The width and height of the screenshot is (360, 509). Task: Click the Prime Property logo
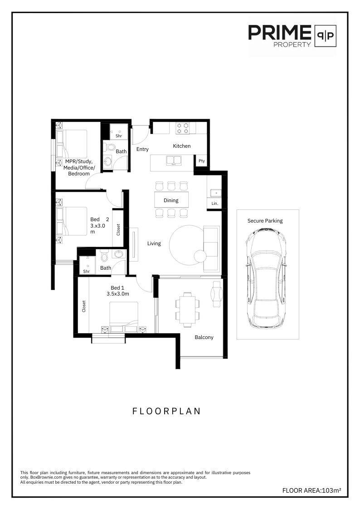(292, 36)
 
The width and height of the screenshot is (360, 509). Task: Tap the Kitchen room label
(182, 146)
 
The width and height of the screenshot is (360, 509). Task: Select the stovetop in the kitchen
(182, 127)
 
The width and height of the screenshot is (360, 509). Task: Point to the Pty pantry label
(202, 161)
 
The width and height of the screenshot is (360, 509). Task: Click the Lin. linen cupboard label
(214, 204)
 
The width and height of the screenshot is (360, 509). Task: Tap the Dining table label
(171, 200)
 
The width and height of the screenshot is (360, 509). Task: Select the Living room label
(154, 243)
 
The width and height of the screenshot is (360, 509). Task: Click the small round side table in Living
(200, 256)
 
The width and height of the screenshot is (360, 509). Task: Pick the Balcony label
(204, 337)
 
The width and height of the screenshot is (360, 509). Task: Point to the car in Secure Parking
(266, 280)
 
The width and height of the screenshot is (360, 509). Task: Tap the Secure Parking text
(265, 221)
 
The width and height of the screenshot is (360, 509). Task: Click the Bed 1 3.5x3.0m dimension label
(117, 291)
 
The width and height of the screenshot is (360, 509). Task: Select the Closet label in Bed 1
(84, 306)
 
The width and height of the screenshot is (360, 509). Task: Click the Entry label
(142, 149)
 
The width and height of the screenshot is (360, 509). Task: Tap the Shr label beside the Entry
(119, 136)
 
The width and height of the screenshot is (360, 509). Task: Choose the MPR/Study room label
(79, 168)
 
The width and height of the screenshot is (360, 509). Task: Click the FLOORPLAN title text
(166, 411)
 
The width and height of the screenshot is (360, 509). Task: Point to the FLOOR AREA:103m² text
(311, 490)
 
